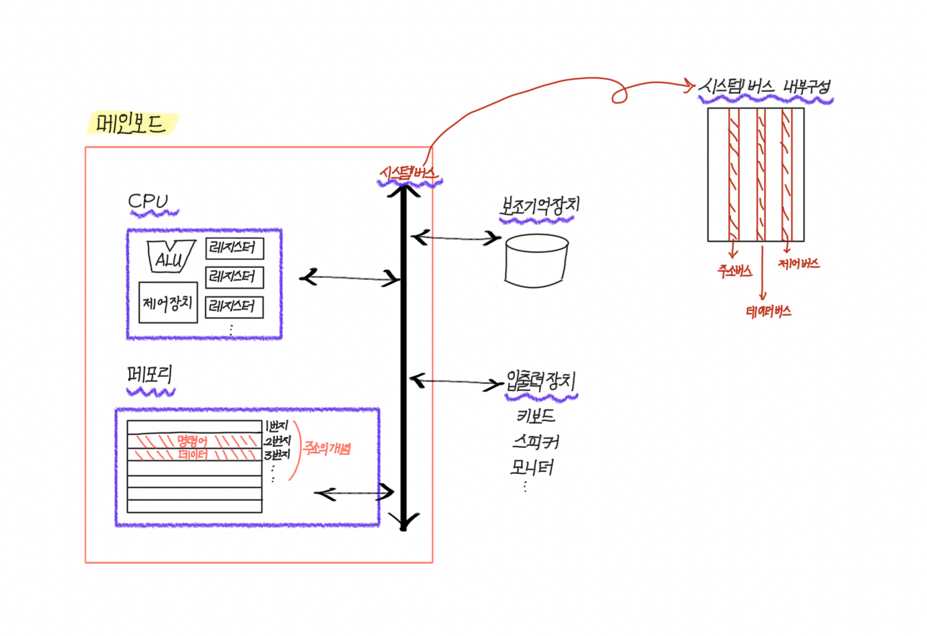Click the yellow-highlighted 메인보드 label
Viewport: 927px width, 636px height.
[x=131, y=124]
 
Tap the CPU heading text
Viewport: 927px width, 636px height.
[x=148, y=201]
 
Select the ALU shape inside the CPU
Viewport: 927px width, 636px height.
[x=170, y=257]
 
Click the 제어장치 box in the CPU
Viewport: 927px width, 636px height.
[x=168, y=303]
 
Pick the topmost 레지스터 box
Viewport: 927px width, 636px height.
[x=234, y=248]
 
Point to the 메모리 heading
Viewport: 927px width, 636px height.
[x=150, y=375]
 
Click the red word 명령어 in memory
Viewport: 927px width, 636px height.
[x=193, y=441]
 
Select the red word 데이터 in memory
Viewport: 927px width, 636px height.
[x=193, y=455]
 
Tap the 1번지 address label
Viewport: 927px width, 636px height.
[x=277, y=426]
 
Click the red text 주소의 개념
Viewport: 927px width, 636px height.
[x=327, y=448]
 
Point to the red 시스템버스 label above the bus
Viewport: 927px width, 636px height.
[x=408, y=173]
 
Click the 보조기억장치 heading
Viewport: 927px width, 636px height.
[x=539, y=206]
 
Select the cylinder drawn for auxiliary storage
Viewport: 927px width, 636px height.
[x=536, y=261]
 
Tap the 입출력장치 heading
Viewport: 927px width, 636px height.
[x=540, y=381]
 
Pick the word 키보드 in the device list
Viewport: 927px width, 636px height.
[x=536, y=416]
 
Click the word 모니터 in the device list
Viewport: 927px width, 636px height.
[x=532, y=467]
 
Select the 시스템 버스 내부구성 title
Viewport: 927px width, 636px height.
[x=765, y=87]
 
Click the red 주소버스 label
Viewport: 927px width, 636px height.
[x=734, y=271]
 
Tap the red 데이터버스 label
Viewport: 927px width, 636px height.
[x=769, y=312]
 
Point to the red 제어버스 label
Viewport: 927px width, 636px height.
[x=799, y=264]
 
